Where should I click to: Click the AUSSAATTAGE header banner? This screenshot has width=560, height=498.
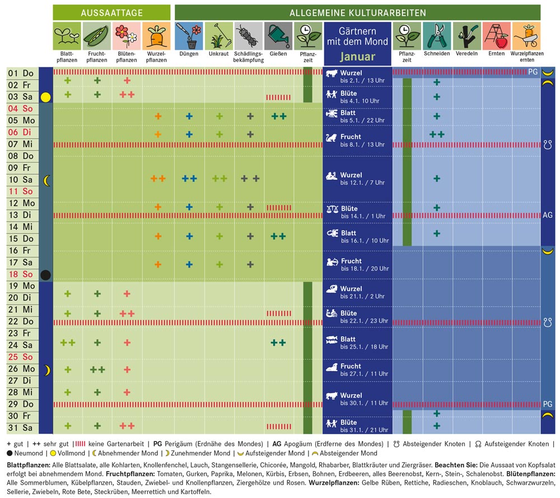111,12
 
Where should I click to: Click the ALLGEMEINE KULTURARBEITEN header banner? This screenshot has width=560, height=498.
357,12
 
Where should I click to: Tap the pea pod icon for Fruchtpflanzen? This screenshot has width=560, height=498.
97,36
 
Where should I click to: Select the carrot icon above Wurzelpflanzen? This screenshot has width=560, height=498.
156,36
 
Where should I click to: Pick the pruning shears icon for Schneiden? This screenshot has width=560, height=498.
437,36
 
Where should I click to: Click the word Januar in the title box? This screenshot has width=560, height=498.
357,57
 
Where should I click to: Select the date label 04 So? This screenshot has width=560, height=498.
21,109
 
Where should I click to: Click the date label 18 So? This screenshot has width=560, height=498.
21,274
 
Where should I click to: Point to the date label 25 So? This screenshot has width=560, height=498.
21,357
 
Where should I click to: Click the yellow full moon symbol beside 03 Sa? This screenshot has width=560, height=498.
46,97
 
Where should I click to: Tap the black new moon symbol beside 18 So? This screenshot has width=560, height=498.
46,275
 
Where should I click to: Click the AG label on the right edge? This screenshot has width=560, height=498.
548,215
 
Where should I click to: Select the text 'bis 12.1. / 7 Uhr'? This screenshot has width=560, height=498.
363,183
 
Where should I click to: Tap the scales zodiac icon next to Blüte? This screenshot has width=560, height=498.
332,209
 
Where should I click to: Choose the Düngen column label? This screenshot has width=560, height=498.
189,54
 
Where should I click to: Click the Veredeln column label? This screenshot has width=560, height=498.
466,54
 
